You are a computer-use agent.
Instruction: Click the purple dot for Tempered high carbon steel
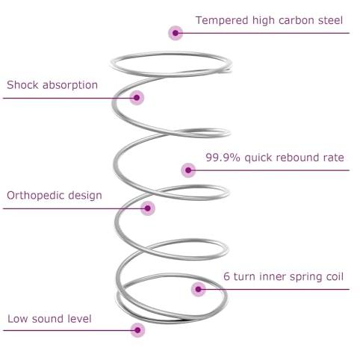(176, 33)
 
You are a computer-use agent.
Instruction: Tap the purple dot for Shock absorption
(137, 98)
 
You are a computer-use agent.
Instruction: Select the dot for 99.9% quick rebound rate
(188, 170)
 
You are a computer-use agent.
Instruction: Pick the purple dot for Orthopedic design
(148, 208)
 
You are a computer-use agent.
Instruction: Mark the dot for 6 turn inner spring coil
(199, 289)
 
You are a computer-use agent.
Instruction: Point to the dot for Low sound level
(137, 330)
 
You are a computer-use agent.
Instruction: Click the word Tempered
(222, 21)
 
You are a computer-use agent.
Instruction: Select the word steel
(331, 20)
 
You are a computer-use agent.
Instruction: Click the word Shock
(23, 85)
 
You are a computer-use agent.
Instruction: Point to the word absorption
(70, 85)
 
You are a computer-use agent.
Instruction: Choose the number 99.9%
(223, 158)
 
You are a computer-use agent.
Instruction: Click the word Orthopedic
(36, 196)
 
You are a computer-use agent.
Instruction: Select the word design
(85, 196)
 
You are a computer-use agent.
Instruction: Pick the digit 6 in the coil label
(226, 276)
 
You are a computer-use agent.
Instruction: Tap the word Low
(18, 319)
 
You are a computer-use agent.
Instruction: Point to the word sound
(47, 319)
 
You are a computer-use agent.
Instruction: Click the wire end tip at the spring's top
(231, 72)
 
